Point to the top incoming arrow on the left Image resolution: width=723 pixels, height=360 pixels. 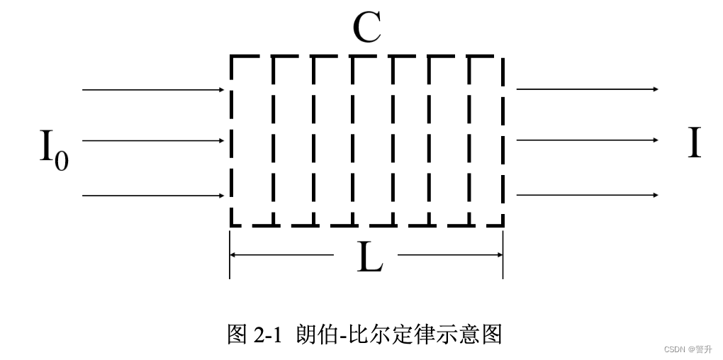pos(153,90)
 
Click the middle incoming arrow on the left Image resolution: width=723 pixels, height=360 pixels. pos(153,141)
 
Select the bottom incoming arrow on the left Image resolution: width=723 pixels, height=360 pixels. pos(153,194)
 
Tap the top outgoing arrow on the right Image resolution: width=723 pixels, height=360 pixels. pos(587,89)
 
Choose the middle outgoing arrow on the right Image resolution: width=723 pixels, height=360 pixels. pos(587,140)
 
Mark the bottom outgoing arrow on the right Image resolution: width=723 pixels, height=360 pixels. pos(587,194)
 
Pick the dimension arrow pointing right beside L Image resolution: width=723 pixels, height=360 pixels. pos(451,254)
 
